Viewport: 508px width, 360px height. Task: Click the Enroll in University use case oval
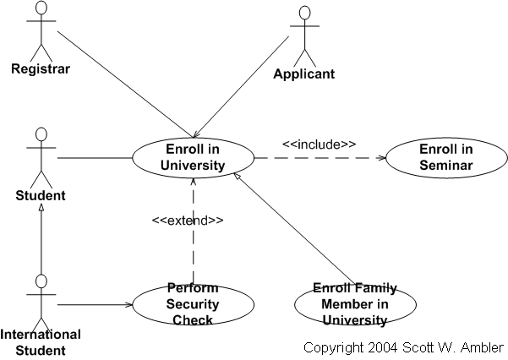coord(193,157)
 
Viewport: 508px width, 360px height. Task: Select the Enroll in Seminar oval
coord(445,157)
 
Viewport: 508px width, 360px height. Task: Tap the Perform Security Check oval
coord(193,304)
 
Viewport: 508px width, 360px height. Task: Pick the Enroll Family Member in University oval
coord(355,303)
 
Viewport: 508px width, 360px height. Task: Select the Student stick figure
coord(40,157)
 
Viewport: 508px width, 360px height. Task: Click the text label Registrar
coord(40,68)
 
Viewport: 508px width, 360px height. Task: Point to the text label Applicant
coord(303,74)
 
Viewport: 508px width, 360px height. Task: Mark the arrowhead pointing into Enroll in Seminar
coord(381,157)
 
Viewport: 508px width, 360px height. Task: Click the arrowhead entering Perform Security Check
coord(128,304)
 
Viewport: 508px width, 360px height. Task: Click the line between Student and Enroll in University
coord(93,157)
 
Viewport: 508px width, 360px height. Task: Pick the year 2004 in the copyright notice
coord(380,347)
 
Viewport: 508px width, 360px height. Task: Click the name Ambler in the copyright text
coord(483,347)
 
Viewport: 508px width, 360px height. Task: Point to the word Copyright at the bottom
coord(333,347)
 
